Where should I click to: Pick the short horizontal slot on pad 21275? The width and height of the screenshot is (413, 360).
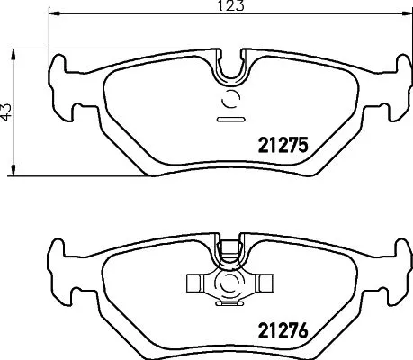pos(227,119)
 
